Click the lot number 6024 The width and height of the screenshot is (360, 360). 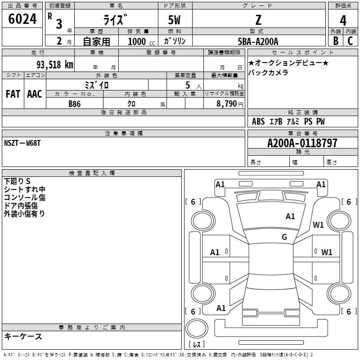[22, 19]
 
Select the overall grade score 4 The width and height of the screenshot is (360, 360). [343, 21]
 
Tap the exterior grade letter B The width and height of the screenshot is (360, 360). [336, 41]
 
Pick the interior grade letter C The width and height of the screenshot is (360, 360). [350, 41]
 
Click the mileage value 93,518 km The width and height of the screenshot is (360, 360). [55, 65]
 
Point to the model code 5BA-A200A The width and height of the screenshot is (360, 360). [258, 41]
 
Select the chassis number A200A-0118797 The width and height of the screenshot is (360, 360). [302, 143]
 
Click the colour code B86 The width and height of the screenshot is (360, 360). [75, 104]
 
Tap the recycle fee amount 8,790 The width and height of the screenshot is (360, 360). [226, 104]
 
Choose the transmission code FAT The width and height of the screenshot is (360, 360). [13, 94]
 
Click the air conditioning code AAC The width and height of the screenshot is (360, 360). [35, 94]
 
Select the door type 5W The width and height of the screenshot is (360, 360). [174, 20]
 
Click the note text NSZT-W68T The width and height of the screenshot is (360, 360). [22, 143]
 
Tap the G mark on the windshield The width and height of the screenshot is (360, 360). [284, 237]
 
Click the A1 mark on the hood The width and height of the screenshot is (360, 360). [290, 216]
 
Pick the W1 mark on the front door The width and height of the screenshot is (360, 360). [327, 252]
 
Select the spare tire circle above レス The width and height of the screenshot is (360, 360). [197, 328]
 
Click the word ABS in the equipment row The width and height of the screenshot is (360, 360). [258, 121]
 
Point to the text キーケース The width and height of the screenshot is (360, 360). [23, 336]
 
